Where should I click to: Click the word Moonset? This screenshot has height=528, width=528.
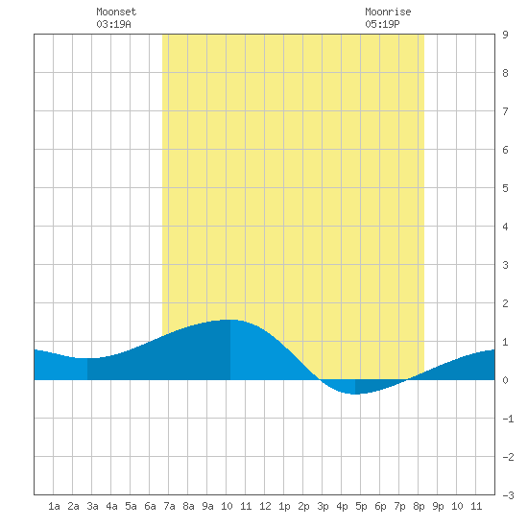click(116, 12)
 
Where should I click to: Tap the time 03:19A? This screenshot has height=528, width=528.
click(113, 24)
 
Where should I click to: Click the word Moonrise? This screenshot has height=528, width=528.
click(388, 12)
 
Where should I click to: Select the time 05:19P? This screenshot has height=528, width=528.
click(382, 24)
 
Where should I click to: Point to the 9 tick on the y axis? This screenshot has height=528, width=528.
click(505, 35)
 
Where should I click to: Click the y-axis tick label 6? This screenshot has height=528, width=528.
click(505, 150)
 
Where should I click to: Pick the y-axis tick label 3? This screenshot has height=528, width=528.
click(505, 265)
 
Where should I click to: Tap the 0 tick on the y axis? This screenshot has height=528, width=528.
click(505, 380)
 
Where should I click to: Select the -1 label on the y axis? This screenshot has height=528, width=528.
click(508, 419)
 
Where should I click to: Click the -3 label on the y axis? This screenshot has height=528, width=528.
click(508, 495)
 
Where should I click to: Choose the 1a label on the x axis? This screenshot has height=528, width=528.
click(54, 506)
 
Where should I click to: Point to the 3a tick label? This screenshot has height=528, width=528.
click(92, 506)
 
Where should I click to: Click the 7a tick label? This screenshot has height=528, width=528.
click(169, 506)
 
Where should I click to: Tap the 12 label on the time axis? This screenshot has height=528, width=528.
click(265, 506)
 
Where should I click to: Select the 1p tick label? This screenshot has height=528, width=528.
click(284, 506)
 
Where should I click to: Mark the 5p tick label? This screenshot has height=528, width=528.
click(361, 506)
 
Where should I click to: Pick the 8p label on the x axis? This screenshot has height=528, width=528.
click(419, 506)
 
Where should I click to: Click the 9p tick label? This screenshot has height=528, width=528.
click(438, 506)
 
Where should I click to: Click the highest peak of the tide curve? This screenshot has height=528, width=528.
click(230, 320)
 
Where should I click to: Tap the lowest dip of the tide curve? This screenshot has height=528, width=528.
click(355, 394)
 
